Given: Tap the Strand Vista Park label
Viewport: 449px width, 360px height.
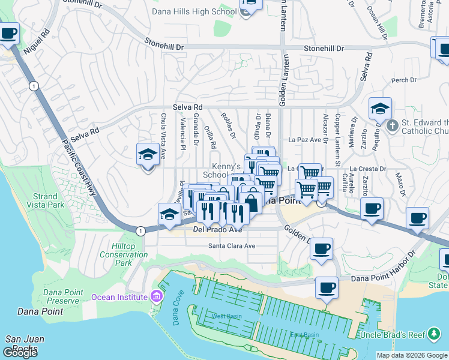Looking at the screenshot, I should (x=45, y=200).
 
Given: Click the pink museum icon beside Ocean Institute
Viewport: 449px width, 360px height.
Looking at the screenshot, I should (x=156, y=296).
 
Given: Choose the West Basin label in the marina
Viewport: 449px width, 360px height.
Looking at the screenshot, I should (x=226, y=316).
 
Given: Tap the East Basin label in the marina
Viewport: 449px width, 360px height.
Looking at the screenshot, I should (x=305, y=334).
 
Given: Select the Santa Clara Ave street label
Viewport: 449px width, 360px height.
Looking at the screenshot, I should (x=232, y=246).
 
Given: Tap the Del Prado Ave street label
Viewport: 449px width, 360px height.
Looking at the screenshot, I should (x=217, y=229).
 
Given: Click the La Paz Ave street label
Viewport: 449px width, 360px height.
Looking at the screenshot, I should (x=305, y=139).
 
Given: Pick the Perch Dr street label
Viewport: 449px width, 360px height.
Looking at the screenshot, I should (x=403, y=80).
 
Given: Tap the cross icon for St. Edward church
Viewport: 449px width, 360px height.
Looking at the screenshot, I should (x=392, y=126).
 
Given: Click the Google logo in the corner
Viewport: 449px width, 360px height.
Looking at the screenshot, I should (x=21, y=353).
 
